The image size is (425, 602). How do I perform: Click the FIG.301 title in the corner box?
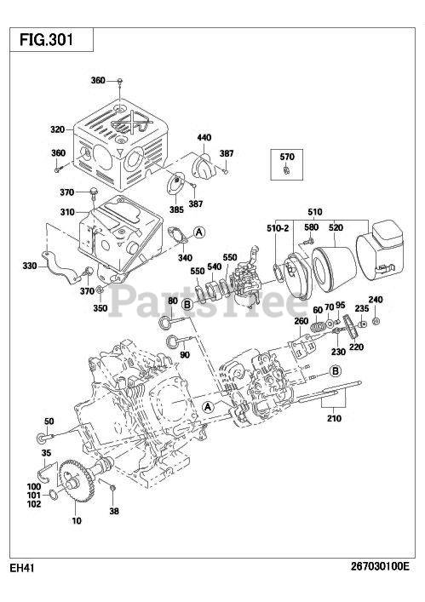pyautogui.click(x=47, y=39)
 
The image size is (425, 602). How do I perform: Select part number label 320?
pyautogui.click(x=58, y=129)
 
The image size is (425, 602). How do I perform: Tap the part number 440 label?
pyautogui.click(x=204, y=137)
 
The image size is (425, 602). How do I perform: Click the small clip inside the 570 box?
pyautogui.click(x=285, y=169)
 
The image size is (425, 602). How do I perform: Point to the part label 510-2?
pyautogui.click(x=278, y=228)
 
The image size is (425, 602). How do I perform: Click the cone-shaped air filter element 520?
pyautogui.click(x=334, y=270)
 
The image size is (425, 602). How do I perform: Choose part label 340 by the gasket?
pyautogui.click(x=185, y=257)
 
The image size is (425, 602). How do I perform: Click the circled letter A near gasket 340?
pyautogui.click(x=198, y=232)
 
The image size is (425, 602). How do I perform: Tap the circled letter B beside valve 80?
pyautogui.click(x=187, y=305)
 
